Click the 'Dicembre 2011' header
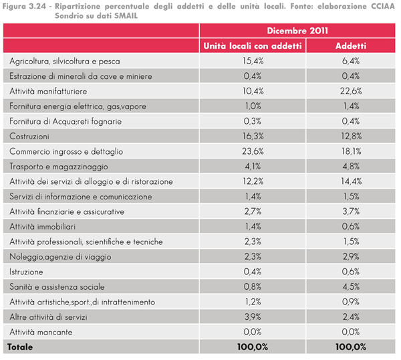click(297, 31)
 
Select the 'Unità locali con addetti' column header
click(253, 46)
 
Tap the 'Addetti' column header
click(351, 46)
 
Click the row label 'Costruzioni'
click(29, 137)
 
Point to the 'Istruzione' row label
click(26, 272)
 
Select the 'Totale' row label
click(20, 347)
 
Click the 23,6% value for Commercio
click(253, 151)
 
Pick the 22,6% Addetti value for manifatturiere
click(351, 91)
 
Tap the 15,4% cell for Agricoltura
click(253, 61)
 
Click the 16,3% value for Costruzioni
click(253, 137)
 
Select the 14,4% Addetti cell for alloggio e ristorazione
click(351, 181)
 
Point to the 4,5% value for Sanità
click(351, 287)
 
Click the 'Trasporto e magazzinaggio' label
click(59, 167)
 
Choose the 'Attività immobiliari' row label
click(43, 227)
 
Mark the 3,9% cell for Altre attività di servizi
click(253, 317)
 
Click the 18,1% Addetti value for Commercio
click(351, 151)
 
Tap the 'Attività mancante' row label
click(41, 332)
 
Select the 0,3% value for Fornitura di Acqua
click(253, 121)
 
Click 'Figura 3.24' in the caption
click(24, 6)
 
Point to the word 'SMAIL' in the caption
click(126, 15)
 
